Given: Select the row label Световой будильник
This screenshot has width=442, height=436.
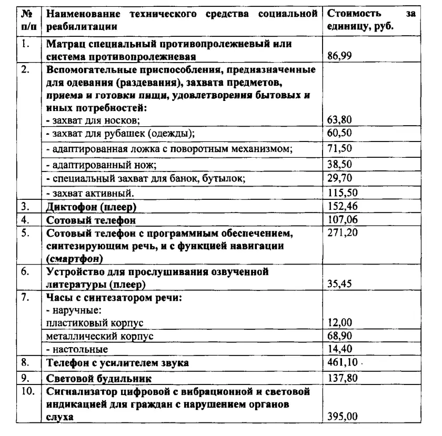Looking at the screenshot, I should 99,378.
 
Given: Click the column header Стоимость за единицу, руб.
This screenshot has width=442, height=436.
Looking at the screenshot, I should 370,19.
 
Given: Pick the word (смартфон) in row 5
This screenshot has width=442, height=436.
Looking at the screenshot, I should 74,258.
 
